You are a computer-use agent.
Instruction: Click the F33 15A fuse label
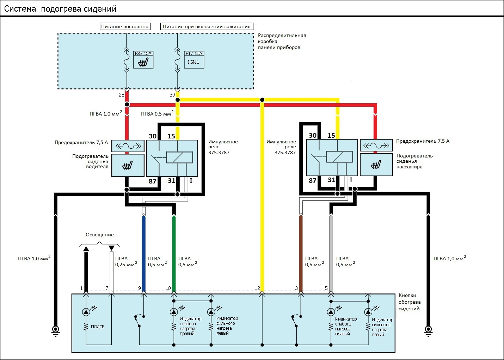(x=143, y=54)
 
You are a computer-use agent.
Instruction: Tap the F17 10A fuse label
(x=194, y=54)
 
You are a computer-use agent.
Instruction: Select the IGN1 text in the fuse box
(x=193, y=62)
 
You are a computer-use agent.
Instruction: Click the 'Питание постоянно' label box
(x=125, y=26)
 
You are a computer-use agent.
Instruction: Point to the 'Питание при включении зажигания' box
(x=207, y=26)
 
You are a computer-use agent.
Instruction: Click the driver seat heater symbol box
(x=128, y=165)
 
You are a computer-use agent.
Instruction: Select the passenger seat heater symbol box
(x=376, y=165)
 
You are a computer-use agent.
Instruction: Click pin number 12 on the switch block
(x=257, y=288)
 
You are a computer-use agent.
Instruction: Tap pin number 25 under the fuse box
(x=122, y=95)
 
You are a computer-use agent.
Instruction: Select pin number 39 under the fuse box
(x=172, y=95)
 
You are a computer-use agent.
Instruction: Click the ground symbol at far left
(x=55, y=330)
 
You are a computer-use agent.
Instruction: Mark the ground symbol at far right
(x=429, y=330)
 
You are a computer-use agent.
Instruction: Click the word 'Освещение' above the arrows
(x=100, y=235)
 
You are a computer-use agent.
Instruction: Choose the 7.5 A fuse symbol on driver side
(x=128, y=145)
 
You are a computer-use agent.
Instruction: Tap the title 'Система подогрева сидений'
(x=60, y=9)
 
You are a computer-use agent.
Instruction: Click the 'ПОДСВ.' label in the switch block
(x=99, y=327)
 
